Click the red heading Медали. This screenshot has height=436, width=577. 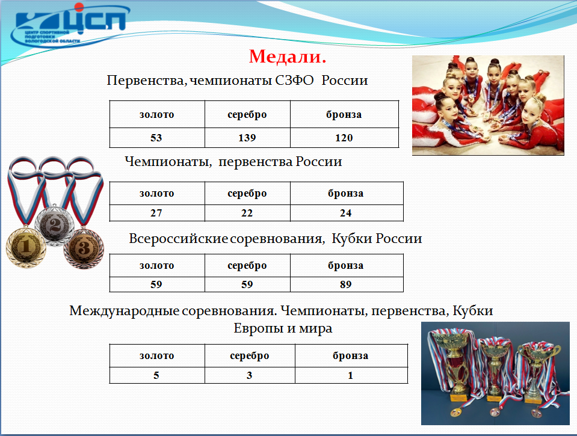point(288,57)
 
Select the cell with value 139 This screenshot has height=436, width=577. point(247,138)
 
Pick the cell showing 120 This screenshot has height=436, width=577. point(344,138)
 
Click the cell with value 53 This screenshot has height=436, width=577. point(156,138)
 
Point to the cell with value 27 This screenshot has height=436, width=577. point(156,213)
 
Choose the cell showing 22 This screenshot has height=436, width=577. point(247,213)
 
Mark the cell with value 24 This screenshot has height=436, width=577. point(346,213)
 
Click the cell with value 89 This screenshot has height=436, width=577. point(346,284)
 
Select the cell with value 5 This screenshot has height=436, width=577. point(156,375)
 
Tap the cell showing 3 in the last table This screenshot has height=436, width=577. point(250,375)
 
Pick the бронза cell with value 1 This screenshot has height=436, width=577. point(351,375)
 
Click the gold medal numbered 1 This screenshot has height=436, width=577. point(26,246)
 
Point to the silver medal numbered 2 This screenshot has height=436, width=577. point(55,225)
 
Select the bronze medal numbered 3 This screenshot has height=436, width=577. point(84,248)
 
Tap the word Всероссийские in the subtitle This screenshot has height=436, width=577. point(179,239)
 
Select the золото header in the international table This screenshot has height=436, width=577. point(157,356)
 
